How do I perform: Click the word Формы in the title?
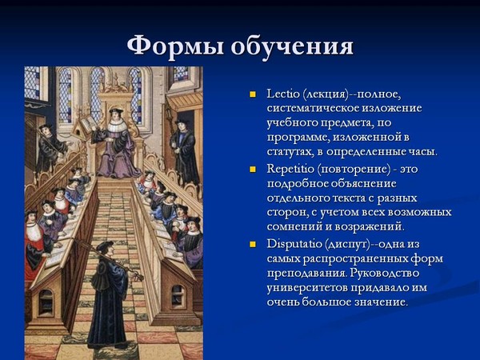[174, 46]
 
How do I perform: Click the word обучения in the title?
[292, 46]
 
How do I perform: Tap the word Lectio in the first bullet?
[282, 94]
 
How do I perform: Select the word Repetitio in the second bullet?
[290, 169]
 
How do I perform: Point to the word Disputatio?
[293, 244]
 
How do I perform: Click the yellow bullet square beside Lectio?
[253, 94]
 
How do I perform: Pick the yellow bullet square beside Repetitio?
[253, 170]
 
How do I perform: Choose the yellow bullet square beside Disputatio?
[253, 244]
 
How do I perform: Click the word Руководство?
[385, 273]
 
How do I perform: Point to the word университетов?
[307, 287]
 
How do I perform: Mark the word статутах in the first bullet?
[289, 152]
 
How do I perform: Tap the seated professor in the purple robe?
[116, 144]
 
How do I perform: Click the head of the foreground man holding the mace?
[105, 247]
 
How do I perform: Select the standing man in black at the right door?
[184, 151]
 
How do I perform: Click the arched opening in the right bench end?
[178, 296]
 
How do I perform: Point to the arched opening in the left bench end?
[46, 303]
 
